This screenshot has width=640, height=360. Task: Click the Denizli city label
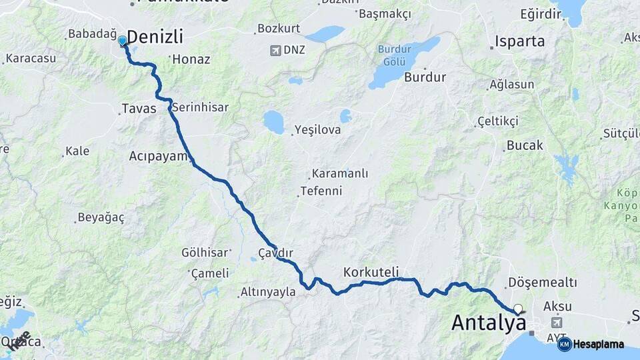155,36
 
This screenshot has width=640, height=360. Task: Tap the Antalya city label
489,323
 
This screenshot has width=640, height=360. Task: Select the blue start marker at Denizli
123,41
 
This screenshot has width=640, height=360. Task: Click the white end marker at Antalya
517,309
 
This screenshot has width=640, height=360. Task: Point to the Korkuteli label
371,272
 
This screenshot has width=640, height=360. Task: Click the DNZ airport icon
275,50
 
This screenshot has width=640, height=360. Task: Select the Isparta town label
519,41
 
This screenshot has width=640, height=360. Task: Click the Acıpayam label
159,156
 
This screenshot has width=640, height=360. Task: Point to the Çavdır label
276,253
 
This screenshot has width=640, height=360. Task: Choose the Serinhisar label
200,107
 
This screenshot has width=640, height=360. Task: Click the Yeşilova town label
317,130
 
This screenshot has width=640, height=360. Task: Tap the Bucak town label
525,145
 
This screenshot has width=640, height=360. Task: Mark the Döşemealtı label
543,283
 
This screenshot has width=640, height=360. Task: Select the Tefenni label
321,191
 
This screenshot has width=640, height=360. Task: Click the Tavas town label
139,109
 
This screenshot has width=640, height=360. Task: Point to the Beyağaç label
101,217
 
